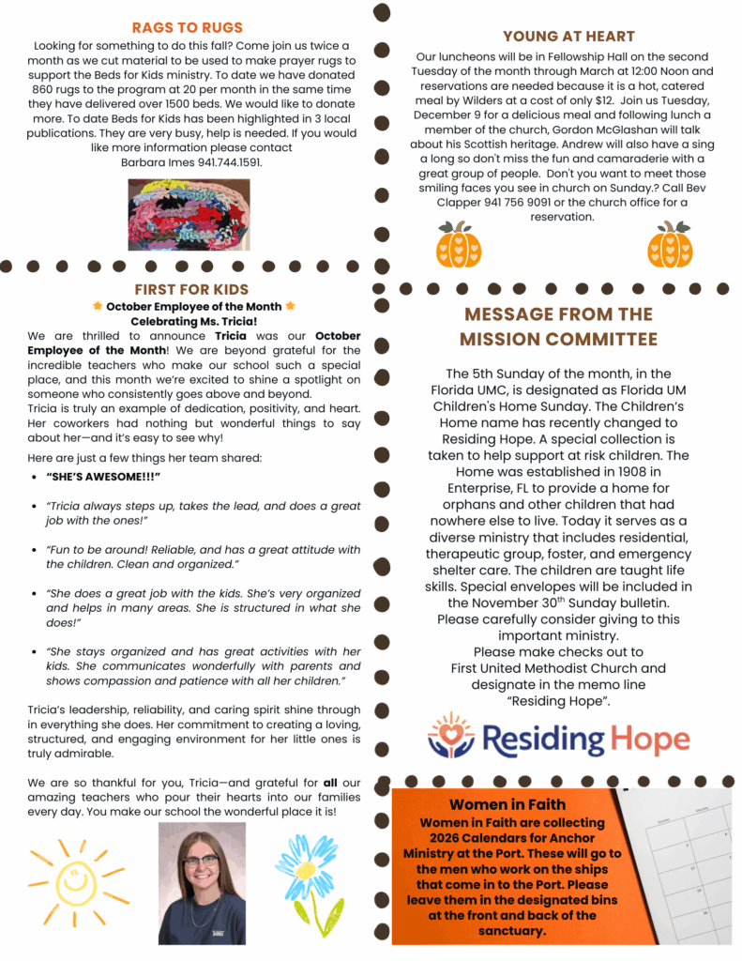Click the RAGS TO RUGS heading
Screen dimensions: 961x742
click(x=188, y=27)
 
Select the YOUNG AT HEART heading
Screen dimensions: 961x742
click(x=568, y=37)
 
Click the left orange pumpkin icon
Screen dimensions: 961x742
click(x=459, y=246)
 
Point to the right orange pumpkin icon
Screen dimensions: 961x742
click(x=670, y=246)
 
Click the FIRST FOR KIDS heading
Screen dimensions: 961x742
click(x=191, y=289)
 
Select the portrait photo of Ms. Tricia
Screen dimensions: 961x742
click(x=202, y=883)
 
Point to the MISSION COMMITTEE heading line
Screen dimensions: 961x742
click(x=558, y=339)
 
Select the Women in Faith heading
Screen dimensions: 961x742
click(x=507, y=804)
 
